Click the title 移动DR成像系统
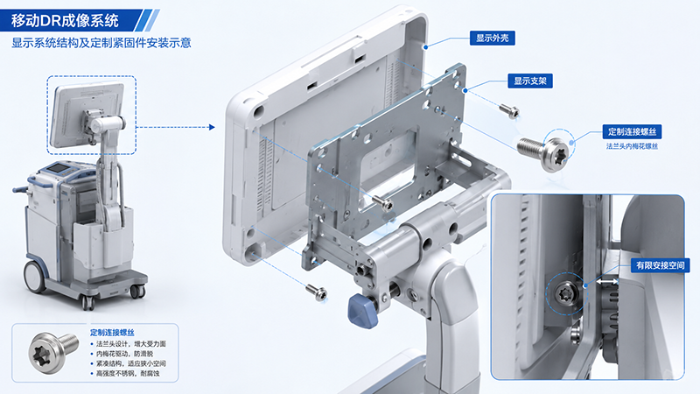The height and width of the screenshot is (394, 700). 65,20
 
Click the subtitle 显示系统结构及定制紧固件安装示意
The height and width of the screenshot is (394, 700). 101,43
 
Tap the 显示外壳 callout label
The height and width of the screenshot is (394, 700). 493,38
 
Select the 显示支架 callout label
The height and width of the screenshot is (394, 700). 530,81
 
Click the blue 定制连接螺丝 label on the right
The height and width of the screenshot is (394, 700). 632,132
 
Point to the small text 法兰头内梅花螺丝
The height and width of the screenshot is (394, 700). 632,146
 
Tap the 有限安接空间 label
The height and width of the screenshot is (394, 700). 660,265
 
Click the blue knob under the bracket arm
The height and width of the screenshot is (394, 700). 363,311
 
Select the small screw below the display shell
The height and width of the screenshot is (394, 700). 317,292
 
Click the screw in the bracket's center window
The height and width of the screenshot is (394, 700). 382,203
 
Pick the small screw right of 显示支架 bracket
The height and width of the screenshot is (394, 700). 509,111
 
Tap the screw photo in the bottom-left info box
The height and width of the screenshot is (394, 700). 52,353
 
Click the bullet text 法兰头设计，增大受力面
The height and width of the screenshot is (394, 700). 130,344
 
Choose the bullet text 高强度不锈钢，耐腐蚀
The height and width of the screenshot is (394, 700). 128,374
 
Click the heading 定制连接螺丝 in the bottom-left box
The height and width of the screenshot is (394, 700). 112,333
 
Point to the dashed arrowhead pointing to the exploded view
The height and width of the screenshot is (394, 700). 212,127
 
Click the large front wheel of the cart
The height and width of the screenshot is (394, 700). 34,277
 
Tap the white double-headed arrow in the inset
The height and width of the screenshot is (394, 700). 607,282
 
